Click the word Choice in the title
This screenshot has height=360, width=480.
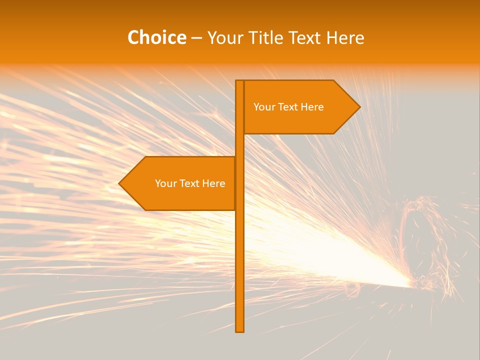tap(156, 38)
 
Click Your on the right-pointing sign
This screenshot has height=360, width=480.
tap(264, 107)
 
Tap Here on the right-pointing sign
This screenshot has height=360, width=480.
tap(313, 107)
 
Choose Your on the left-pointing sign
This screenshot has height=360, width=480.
tap(165, 183)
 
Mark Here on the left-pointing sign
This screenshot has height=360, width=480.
tap(214, 183)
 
